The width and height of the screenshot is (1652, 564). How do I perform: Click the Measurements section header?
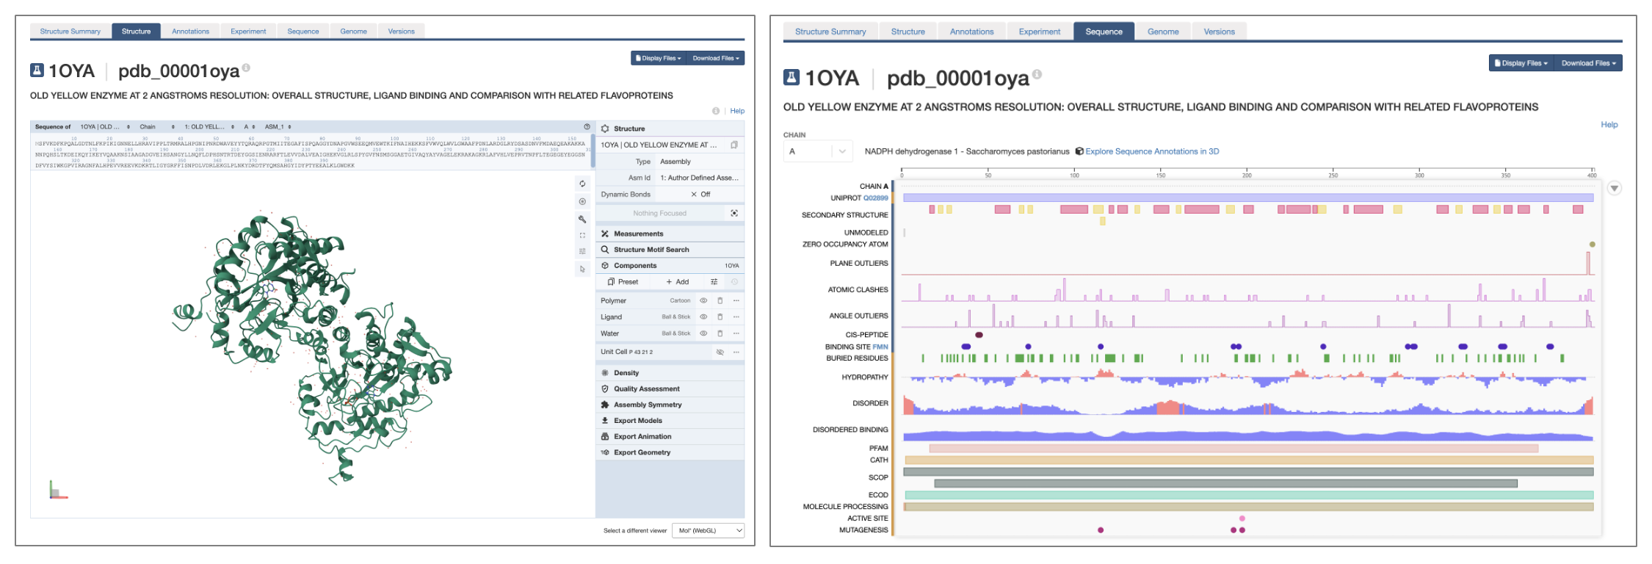point(638,234)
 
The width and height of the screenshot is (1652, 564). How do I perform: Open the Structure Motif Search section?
point(651,250)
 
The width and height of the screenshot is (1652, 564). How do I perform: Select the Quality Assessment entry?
point(646,388)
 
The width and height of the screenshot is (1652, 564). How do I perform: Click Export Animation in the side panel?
point(642,436)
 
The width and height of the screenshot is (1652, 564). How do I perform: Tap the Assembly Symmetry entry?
point(647,405)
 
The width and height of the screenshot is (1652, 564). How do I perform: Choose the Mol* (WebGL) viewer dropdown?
point(708,530)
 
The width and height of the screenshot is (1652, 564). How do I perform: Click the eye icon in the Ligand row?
point(703,317)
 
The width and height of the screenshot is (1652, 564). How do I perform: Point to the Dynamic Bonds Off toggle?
point(700,195)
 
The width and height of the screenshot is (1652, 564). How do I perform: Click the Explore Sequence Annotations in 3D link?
point(1151,151)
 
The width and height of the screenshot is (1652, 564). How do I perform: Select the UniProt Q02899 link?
point(875,198)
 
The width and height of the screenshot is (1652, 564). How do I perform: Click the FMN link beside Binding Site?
point(880,347)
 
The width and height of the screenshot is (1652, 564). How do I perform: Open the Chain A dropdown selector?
point(818,151)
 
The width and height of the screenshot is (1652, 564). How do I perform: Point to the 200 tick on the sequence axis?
point(1247,174)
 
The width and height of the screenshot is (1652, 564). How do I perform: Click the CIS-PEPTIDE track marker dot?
point(979,335)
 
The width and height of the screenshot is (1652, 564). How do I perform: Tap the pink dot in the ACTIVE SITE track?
point(1242,518)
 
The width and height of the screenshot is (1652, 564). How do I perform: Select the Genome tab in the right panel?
point(1163,32)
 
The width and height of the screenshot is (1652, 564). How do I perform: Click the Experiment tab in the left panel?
point(248,32)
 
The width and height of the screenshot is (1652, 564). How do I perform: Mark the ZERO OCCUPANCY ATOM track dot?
point(1592,245)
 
